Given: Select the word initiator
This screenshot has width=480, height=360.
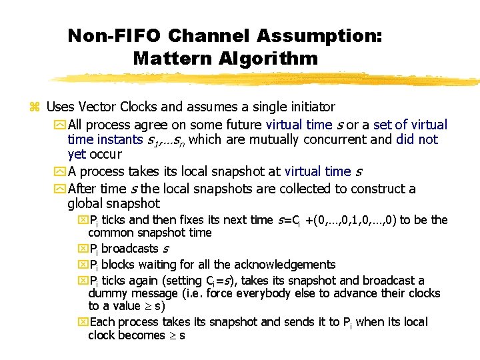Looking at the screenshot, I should coord(308,107).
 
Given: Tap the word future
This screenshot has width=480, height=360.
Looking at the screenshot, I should coord(241,125).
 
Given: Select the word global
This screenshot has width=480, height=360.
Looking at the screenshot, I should coord(87,204).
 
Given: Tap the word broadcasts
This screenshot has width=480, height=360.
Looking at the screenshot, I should coord(128,249).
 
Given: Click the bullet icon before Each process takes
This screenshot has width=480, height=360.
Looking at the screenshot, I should coord(83,323).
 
